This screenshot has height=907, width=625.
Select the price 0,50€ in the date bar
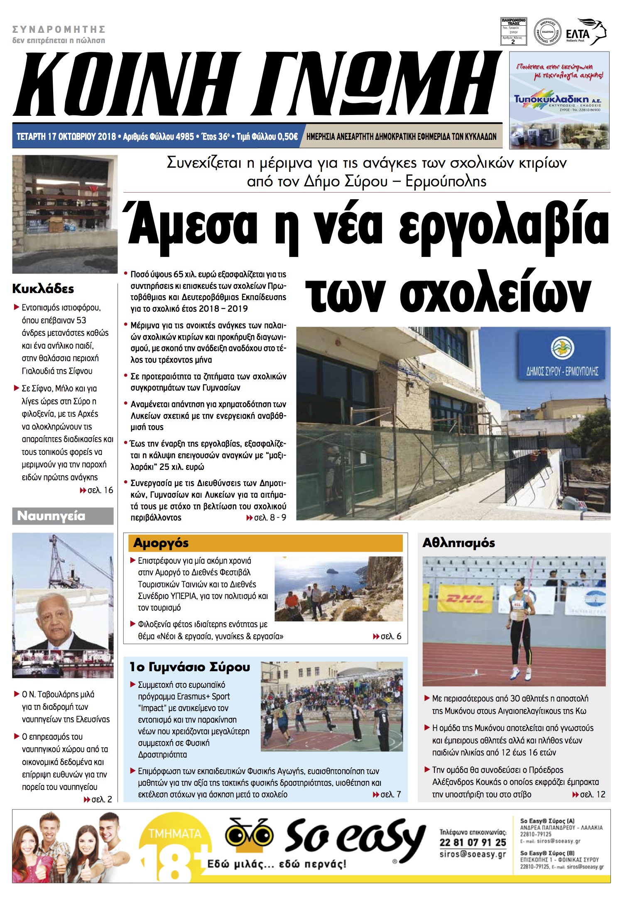[x=287, y=137]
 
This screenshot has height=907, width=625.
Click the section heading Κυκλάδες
[x=43, y=289]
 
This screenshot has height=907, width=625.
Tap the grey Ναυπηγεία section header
[x=62, y=516]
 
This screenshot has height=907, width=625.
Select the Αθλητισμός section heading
[x=458, y=543]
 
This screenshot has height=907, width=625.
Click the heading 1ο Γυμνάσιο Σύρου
[x=189, y=667]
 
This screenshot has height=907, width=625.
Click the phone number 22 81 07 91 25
[x=473, y=842]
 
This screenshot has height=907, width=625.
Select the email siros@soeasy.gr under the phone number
[x=473, y=854]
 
